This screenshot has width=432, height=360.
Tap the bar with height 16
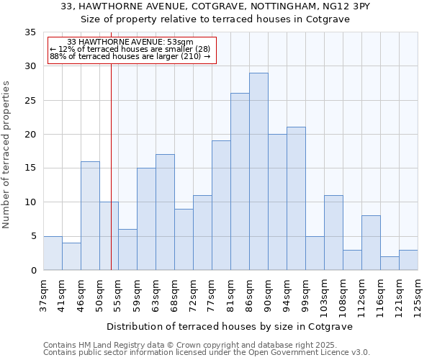[90, 215]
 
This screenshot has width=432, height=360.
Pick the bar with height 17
[165, 212]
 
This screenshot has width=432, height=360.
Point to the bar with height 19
[221, 205]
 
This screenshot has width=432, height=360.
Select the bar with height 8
[371, 243]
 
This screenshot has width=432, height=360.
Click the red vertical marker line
[111, 166]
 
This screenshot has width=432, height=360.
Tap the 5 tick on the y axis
[33, 236]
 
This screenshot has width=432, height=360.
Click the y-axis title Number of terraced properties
[7, 155]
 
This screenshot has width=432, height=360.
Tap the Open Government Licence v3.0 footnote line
[207, 352]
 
